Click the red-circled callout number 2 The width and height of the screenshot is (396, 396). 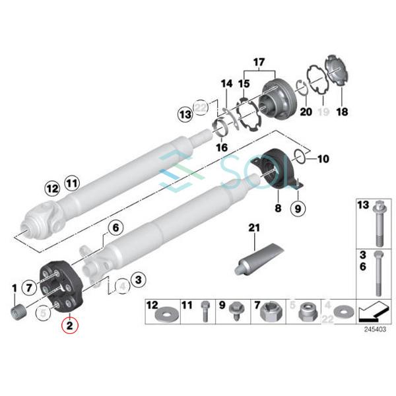(70, 325)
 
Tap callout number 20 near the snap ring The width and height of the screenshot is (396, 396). (305, 113)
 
